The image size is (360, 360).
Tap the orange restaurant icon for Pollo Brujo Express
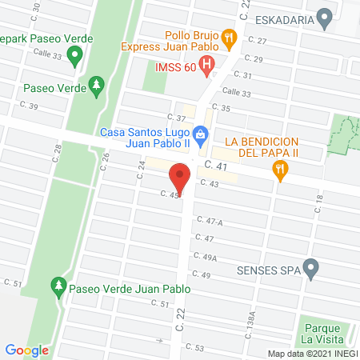click(x=229, y=36)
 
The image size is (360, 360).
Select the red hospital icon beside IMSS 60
click(x=207, y=64)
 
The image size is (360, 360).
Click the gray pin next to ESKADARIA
click(x=324, y=17)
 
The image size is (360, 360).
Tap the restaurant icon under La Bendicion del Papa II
click(x=279, y=169)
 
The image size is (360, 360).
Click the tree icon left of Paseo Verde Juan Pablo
click(x=58, y=285)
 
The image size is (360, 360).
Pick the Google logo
click(x=26, y=350)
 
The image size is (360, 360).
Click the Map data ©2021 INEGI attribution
click(x=311, y=354)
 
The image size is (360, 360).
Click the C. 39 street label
click(x=30, y=106)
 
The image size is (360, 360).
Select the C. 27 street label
click(x=257, y=40)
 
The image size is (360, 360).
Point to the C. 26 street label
click(x=105, y=161)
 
